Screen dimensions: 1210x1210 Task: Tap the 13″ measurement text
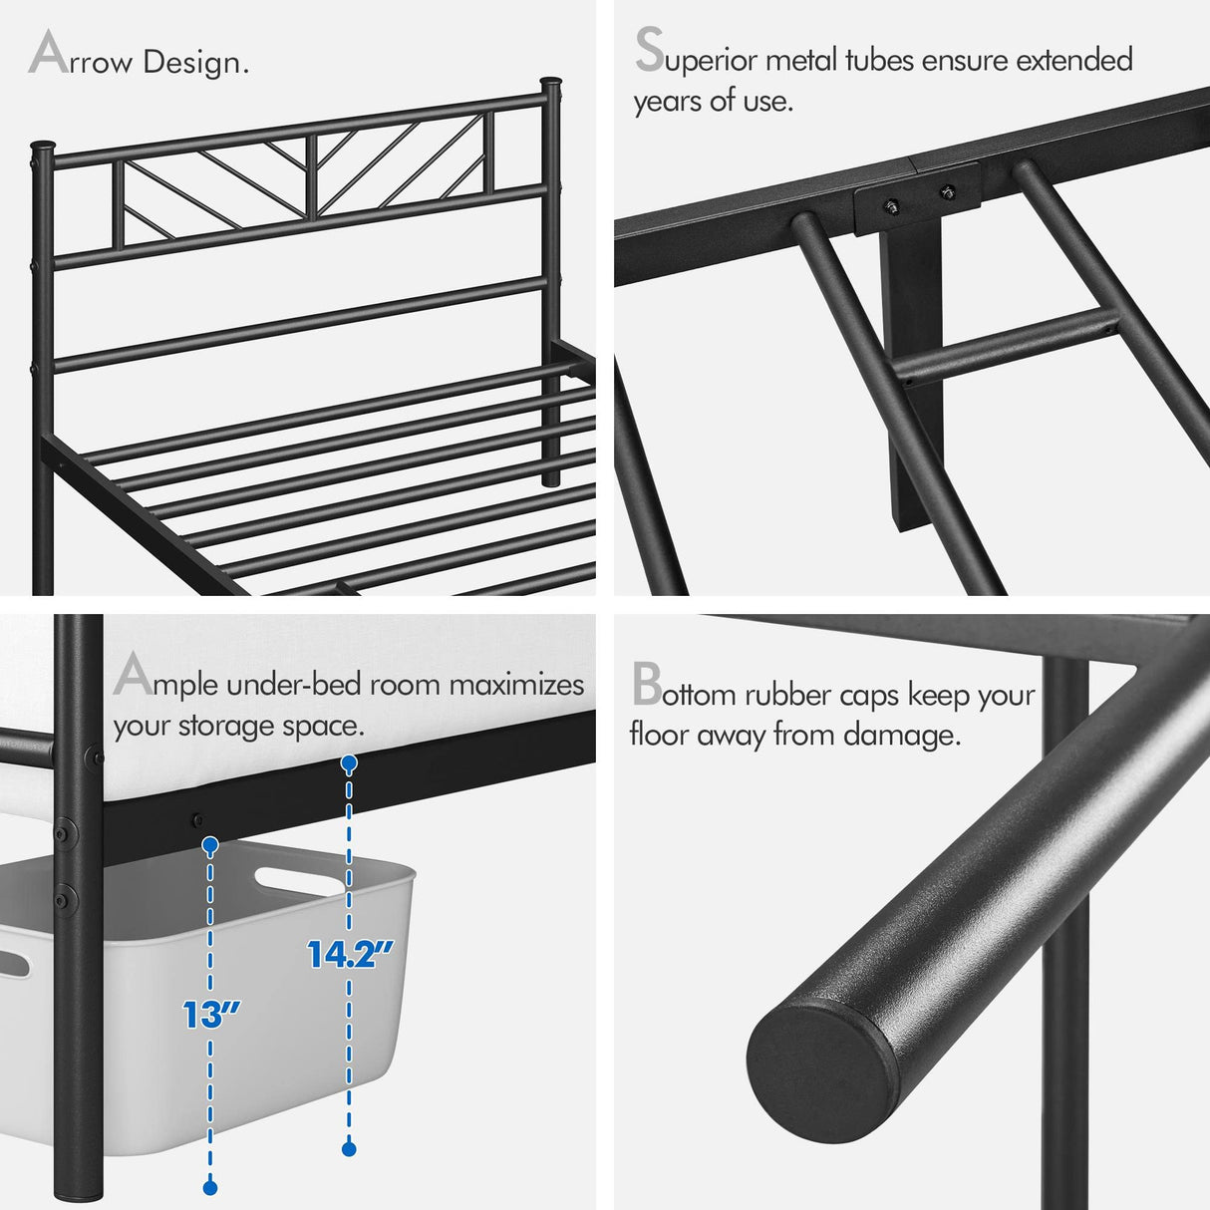tap(211, 1015)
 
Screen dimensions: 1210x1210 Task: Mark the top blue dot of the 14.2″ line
tap(349, 763)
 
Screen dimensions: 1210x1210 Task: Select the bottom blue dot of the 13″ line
tap(210, 1186)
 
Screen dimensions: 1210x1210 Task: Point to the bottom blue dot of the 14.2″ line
tap(349, 1148)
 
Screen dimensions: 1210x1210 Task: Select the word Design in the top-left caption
tap(195, 62)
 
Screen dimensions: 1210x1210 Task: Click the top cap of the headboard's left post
tap(41, 148)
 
